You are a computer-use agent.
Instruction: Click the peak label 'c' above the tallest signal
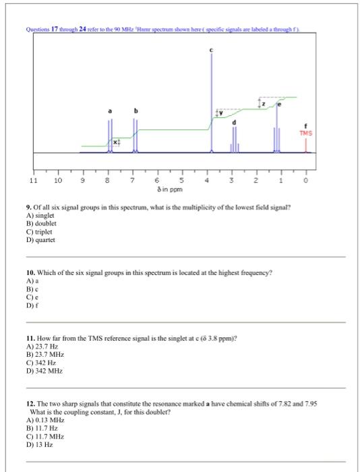[x=211, y=51]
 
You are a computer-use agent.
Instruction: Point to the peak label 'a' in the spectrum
[x=110, y=111]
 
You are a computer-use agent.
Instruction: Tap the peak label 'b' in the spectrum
[x=136, y=111]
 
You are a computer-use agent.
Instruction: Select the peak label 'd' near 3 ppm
[x=235, y=122]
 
